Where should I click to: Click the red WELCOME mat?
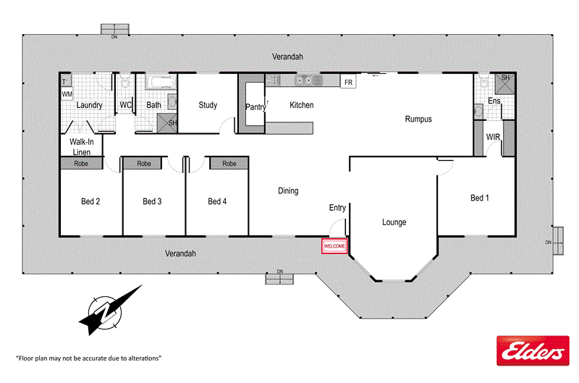click(x=334, y=246)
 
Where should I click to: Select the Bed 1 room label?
click(x=479, y=198)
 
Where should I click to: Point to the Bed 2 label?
click(x=90, y=201)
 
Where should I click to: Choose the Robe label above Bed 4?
click(x=229, y=164)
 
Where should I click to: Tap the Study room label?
click(x=208, y=105)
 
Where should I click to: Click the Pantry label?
click(x=255, y=107)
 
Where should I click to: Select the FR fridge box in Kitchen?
click(x=348, y=83)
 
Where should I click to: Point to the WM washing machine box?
click(x=67, y=94)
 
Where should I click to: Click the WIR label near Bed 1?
click(x=494, y=137)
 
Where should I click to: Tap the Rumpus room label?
click(x=418, y=119)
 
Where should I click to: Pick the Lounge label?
click(x=394, y=222)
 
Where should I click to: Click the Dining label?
click(x=288, y=191)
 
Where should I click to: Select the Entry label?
click(x=337, y=208)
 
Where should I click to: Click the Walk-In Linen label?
click(x=82, y=146)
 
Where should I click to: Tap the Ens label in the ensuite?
click(x=494, y=101)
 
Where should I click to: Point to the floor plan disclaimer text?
click(x=88, y=358)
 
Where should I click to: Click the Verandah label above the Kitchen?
click(x=287, y=56)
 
